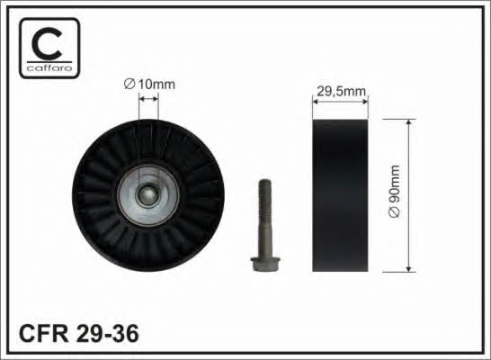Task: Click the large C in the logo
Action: click(47, 44)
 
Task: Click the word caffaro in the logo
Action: click(49, 68)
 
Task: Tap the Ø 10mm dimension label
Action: click(149, 85)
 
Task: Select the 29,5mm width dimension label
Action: click(342, 91)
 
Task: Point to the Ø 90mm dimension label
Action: click(394, 191)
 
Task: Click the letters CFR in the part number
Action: click(44, 333)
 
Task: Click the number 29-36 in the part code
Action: click(107, 333)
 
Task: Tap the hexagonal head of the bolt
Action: click(265, 264)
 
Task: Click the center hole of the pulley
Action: click(148, 196)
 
